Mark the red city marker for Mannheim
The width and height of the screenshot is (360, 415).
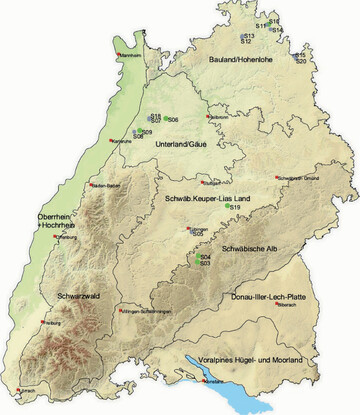click(122, 55)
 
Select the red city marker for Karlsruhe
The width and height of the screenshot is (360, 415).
click(112, 140)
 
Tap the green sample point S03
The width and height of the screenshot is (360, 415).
click(198, 263)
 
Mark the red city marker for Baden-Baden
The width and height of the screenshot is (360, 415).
click(91, 184)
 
